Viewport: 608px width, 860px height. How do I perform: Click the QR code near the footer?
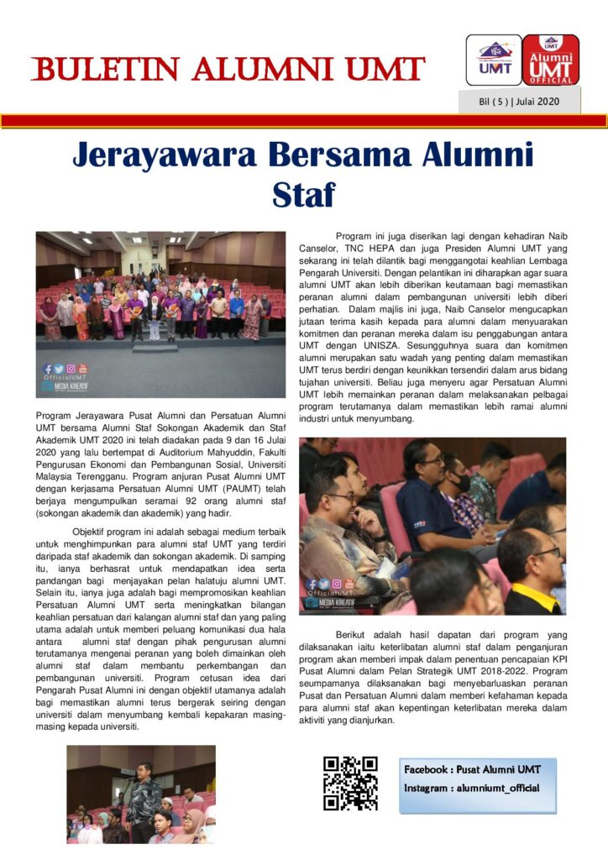pos(350,783)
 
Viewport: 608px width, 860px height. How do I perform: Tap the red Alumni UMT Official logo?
pos(551,60)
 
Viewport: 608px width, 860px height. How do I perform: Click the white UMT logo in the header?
pos(494,60)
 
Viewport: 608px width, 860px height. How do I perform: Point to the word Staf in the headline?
pos(304,195)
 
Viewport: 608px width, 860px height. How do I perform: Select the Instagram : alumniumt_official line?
pos(470,789)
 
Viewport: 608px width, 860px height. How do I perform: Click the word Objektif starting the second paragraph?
pos(96,532)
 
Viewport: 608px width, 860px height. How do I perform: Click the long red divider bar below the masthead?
pos(304,121)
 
